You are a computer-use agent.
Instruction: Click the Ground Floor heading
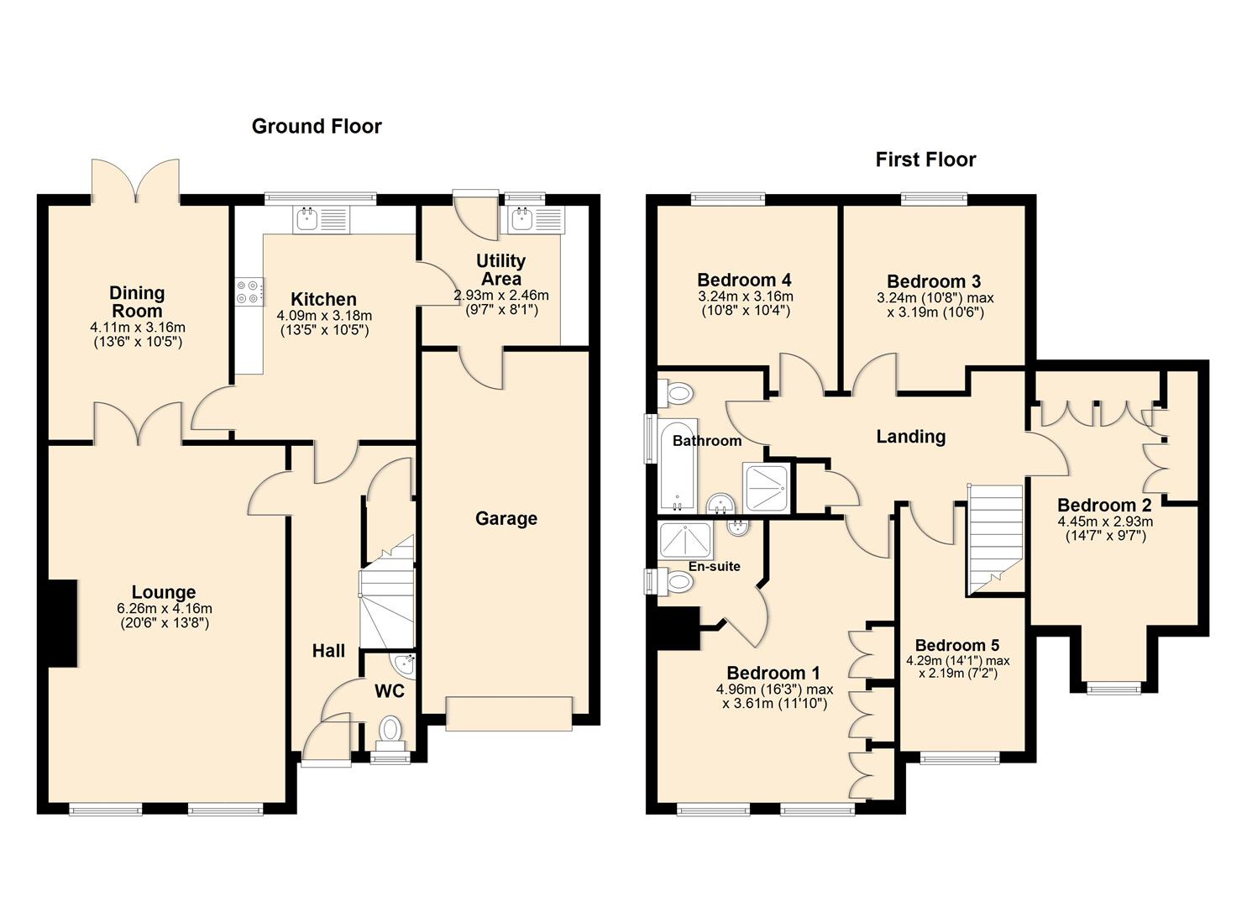point(317,127)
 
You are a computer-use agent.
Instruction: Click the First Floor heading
point(925,160)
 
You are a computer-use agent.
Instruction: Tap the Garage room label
point(506,519)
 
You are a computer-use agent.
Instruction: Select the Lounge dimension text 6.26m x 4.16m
point(164,609)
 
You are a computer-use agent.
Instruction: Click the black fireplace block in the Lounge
point(61,623)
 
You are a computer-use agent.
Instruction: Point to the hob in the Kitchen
point(249,291)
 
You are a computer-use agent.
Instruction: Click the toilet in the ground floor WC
point(390,730)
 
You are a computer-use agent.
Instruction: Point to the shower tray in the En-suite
point(686,540)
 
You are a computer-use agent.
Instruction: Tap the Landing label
point(910,437)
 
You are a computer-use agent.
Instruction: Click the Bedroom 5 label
point(956,645)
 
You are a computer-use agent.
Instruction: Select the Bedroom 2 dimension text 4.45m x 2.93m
point(1103,521)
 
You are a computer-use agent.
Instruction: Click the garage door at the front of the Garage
point(509,712)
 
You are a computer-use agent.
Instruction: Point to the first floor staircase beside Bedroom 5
point(996,537)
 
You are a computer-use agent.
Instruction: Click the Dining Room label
point(137,301)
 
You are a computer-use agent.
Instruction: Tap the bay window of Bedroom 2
point(1113,688)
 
